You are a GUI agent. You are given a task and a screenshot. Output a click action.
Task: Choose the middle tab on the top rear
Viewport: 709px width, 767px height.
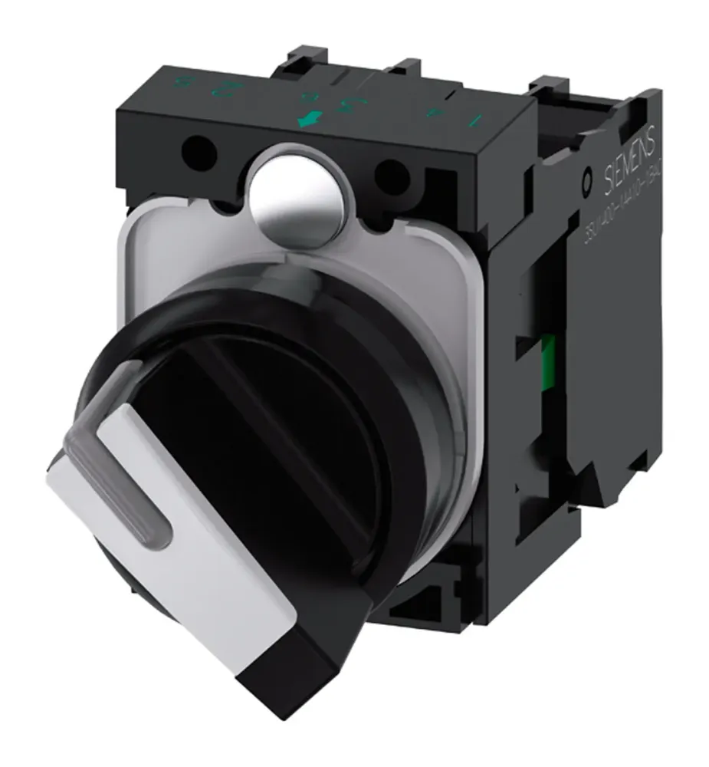tap(414, 73)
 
